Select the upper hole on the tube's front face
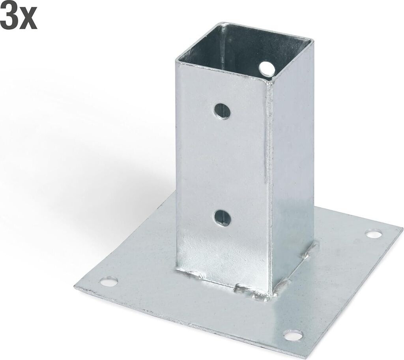[x=222, y=111]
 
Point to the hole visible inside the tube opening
[x=267, y=68]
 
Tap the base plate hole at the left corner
[x=109, y=281]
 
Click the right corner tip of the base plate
[x=402, y=228]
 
